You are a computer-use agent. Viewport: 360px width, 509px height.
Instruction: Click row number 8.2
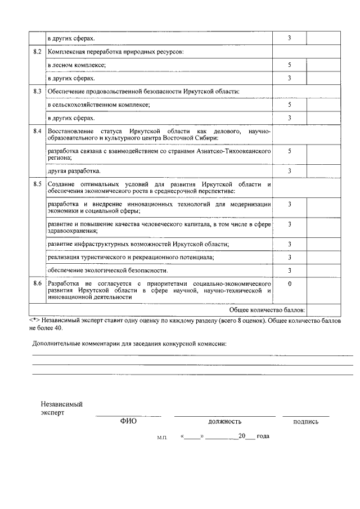click(38, 52)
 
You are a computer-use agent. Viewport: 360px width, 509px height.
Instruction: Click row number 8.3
click(38, 91)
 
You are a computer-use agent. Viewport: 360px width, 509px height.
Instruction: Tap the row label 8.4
click(38, 130)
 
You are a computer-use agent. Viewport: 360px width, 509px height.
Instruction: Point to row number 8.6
click(38, 283)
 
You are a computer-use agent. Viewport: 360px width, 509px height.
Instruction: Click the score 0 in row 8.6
click(289, 283)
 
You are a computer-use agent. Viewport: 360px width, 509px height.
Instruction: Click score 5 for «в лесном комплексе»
click(289, 65)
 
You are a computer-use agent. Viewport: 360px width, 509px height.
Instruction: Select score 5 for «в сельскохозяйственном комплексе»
click(289, 105)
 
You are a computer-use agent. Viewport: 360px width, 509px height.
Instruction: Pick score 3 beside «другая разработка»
click(289, 170)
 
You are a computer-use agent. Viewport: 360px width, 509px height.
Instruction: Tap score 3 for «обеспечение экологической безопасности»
click(289, 271)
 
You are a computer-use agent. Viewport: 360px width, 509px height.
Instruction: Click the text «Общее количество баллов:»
click(267, 310)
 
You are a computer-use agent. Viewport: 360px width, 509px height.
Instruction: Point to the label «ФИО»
click(128, 421)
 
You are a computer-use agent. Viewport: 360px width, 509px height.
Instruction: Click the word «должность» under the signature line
click(224, 421)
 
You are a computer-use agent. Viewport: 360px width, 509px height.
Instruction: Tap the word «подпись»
click(305, 421)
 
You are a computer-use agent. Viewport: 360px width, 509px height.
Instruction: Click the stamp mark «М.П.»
click(163, 437)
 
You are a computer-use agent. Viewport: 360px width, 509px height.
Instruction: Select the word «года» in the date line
click(263, 436)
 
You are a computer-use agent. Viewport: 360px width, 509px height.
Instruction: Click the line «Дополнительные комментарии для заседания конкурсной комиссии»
click(130, 344)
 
